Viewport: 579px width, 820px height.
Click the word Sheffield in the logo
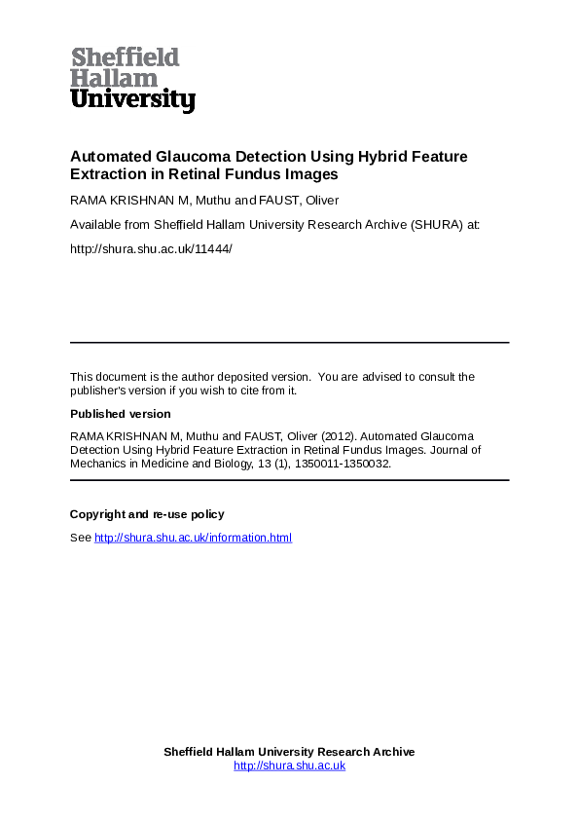(x=125, y=58)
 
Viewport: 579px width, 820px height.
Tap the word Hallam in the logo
(x=113, y=79)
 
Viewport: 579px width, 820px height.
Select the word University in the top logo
(x=132, y=99)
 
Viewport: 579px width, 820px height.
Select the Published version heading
(x=120, y=414)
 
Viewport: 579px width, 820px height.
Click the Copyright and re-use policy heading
(x=147, y=514)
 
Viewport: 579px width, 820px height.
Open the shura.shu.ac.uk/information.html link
(x=193, y=538)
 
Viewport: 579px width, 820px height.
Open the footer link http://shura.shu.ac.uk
(x=289, y=766)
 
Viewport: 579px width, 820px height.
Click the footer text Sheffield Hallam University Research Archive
(x=289, y=752)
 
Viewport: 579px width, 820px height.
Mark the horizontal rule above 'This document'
(x=289, y=343)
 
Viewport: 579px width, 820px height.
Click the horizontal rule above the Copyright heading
(x=289, y=480)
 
